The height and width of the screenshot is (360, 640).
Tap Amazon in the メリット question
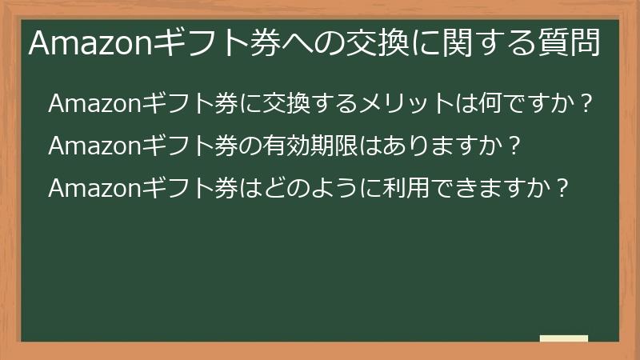coord(94,104)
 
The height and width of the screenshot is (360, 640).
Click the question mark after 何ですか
coord(588,104)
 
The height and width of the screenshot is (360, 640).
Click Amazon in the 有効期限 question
coord(94,146)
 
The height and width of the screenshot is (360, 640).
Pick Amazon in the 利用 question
coord(94,189)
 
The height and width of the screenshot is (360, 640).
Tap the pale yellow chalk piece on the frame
coord(563,339)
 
